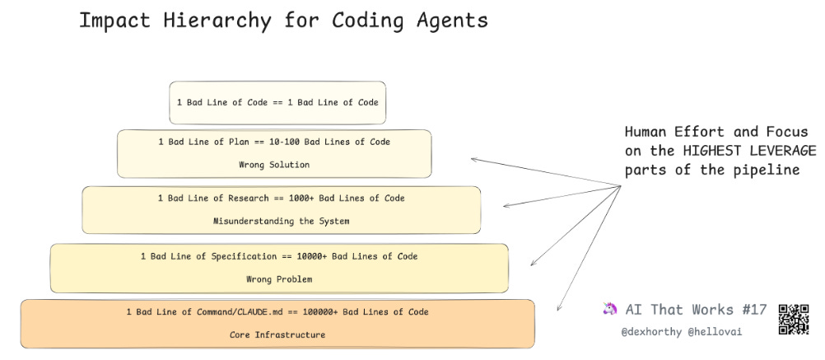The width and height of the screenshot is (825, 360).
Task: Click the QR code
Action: pyautogui.click(x=794, y=319)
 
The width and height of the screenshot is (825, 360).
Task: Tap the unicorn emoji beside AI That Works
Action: pyautogui.click(x=610, y=310)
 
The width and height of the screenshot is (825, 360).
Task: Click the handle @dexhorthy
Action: pyautogui.click(x=651, y=331)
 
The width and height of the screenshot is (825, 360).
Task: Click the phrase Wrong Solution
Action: pyautogui.click(x=274, y=165)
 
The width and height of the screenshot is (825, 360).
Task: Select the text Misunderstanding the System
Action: pyautogui.click(x=281, y=221)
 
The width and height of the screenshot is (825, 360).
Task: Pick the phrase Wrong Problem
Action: pyautogui.click(x=279, y=279)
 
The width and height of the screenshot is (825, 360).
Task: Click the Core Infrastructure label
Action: pyautogui.click(x=277, y=335)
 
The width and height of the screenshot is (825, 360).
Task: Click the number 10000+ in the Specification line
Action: pyautogui.click(x=308, y=256)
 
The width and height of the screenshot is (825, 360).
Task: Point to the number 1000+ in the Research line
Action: pyautogui.click(x=300, y=199)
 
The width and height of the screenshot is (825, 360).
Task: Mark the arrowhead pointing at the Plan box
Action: pyautogui.click(x=473, y=159)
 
